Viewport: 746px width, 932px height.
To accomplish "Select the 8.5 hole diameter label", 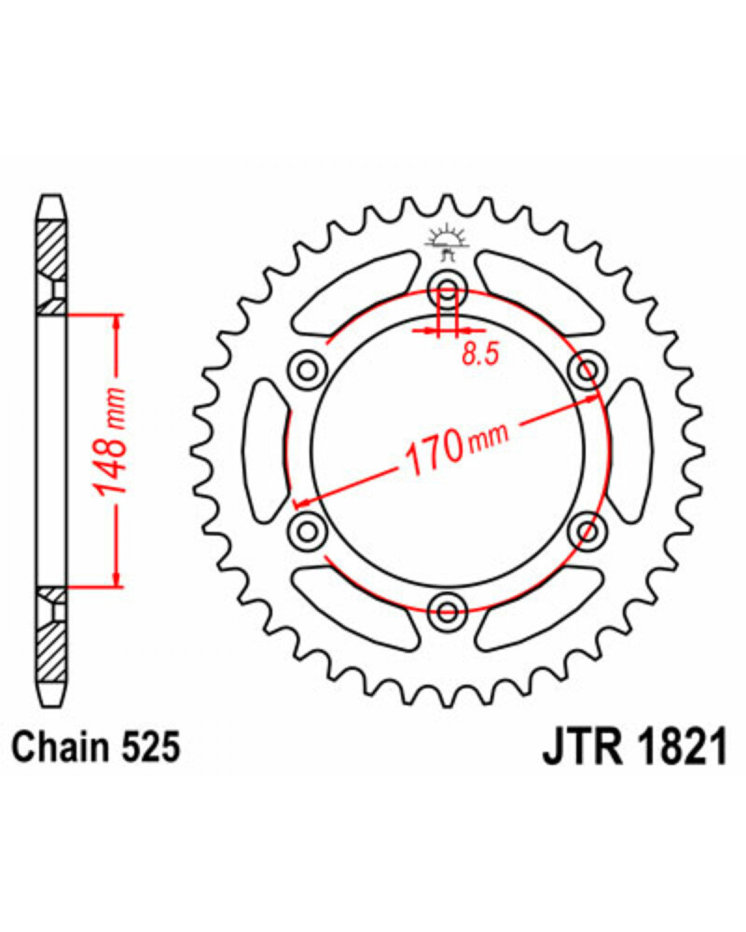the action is pyautogui.click(x=481, y=354).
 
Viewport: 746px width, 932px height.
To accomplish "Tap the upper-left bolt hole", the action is pyautogui.click(x=308, y=370).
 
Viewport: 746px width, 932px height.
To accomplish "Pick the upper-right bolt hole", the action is pyautogui.click(x=587, y=370).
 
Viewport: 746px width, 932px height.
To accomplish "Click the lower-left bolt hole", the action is pyautogui.click(x=308, y=531).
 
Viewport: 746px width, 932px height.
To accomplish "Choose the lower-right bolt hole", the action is pyautogui.click(x=587, y=531).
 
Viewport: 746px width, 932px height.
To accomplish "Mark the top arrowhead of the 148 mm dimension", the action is pyautogui.click(x=116, y=321).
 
